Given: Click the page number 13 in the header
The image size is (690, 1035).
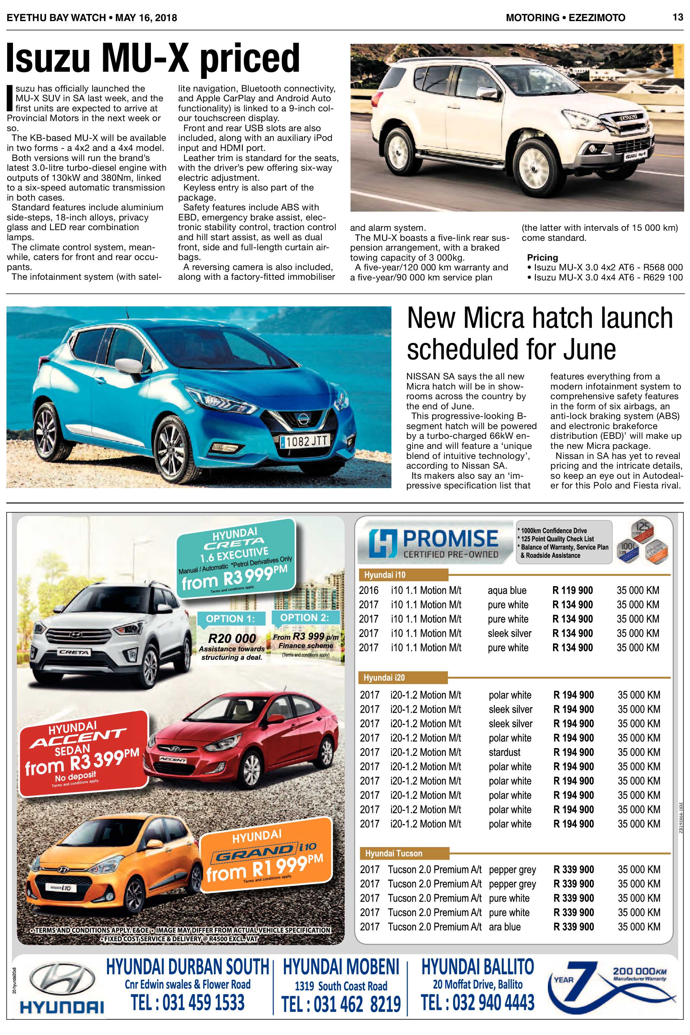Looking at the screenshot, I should click(678, 17).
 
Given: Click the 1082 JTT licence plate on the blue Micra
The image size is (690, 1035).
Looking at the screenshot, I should click(304, 441).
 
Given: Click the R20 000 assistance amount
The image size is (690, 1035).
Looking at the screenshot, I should click(232, 638).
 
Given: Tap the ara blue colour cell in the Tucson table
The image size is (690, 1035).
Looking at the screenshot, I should click(504, 927).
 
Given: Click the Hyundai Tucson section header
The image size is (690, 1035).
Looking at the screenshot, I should click(393, 853).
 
